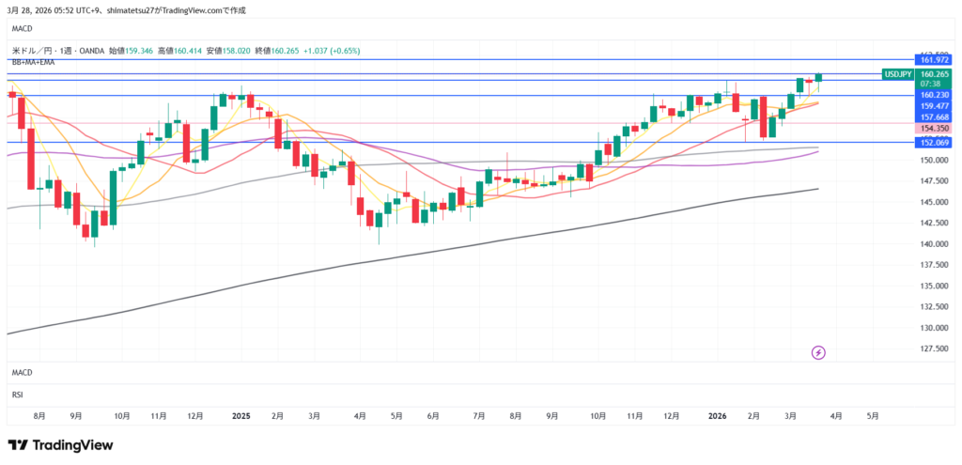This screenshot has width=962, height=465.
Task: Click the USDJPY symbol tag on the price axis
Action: click(899, 73)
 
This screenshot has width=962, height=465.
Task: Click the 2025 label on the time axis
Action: click(240, 414)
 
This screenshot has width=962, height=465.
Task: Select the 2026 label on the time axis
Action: click(718, 414)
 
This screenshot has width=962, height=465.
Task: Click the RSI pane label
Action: click(17, 395)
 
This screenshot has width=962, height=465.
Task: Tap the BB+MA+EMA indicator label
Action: click(33, 62)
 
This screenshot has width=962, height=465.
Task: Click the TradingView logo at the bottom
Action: click(60, 444)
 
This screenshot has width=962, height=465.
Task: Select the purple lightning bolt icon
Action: click(818, 352)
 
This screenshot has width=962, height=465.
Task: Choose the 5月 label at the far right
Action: click(873, 414)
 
